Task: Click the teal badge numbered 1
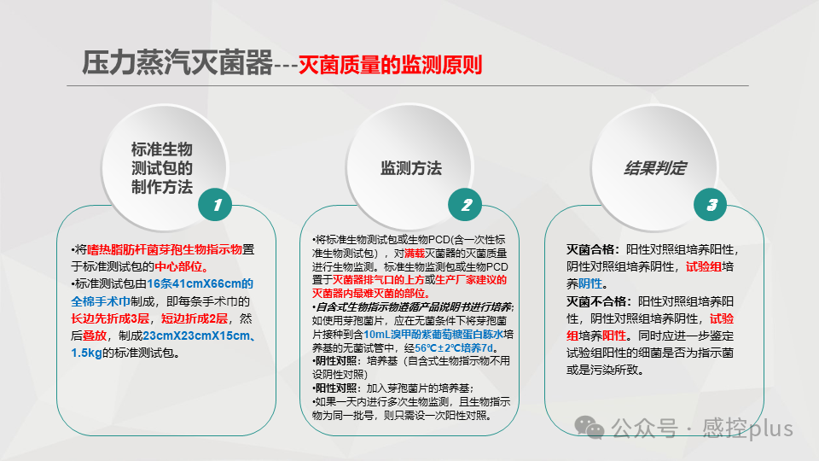pos(217,205)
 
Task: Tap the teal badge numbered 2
pos(466,205)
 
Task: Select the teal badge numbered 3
pos(711,205)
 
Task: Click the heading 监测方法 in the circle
pos(411,168)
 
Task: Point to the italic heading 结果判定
pos(655,168)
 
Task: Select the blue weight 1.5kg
pos(86,352)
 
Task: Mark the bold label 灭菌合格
pos(594,250)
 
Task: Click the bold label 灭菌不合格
pos(600,302)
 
